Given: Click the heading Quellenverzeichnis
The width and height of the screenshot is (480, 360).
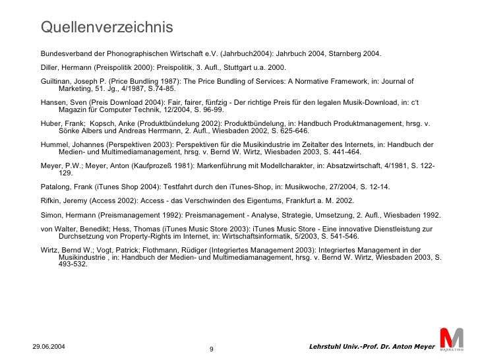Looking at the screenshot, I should (x=106, y=27).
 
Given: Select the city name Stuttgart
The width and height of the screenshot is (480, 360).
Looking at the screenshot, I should (x=223, y=67).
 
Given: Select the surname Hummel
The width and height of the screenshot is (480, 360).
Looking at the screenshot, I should (x=56, y=145).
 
